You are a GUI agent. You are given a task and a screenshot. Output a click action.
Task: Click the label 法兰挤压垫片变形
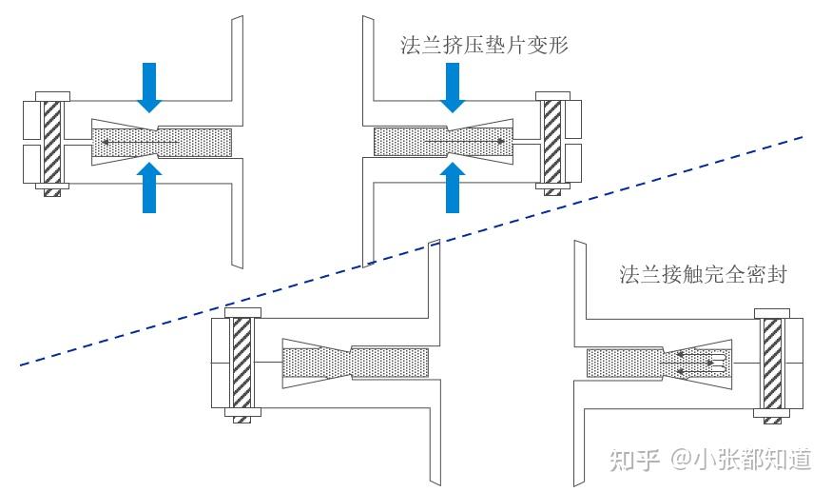485,45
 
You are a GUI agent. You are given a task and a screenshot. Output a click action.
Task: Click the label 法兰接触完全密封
703,275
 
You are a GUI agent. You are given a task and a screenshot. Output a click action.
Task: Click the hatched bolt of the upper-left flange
53,143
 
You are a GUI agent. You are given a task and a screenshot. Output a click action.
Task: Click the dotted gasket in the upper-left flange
162,143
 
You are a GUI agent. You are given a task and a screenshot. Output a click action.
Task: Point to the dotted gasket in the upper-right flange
437,143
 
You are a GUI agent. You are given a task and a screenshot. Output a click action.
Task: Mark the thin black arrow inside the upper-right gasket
466,143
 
